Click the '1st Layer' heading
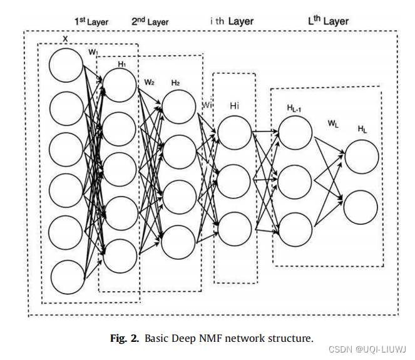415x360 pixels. pos(91,21)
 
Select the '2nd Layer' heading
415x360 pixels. pos(150,21)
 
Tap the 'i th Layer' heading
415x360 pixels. pos(232,21)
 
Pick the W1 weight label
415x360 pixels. pos(93,51)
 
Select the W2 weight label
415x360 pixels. pos(149,82)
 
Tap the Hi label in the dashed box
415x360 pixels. pos(235,106)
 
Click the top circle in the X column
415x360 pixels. pos(66,65)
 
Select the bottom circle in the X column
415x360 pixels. pos(67,277)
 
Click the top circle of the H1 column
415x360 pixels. pos(120,85)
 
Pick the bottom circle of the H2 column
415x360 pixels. pos(178,242)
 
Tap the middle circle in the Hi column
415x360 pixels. pos(234,181)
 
